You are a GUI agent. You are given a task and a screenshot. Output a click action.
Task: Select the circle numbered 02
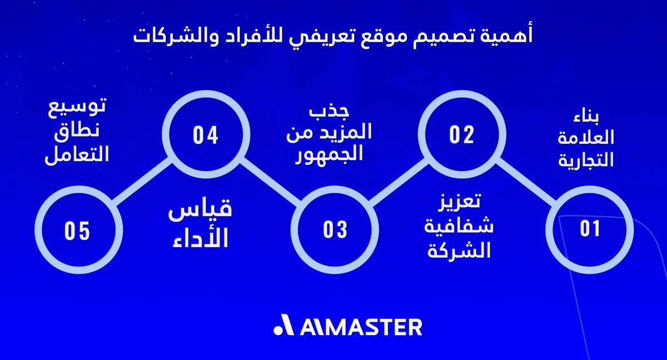[461, 135]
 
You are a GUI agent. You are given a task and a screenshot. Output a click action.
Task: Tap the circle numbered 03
[335, 229]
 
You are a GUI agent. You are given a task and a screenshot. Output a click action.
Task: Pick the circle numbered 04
[205, 135]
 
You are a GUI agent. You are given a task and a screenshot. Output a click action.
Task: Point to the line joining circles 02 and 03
[398, 182]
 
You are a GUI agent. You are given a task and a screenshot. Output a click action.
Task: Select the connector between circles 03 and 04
[270, 182]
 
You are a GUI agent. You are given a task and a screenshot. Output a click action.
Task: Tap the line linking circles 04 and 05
[141, 182]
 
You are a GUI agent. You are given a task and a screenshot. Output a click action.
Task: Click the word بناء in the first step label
[588, 119]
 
